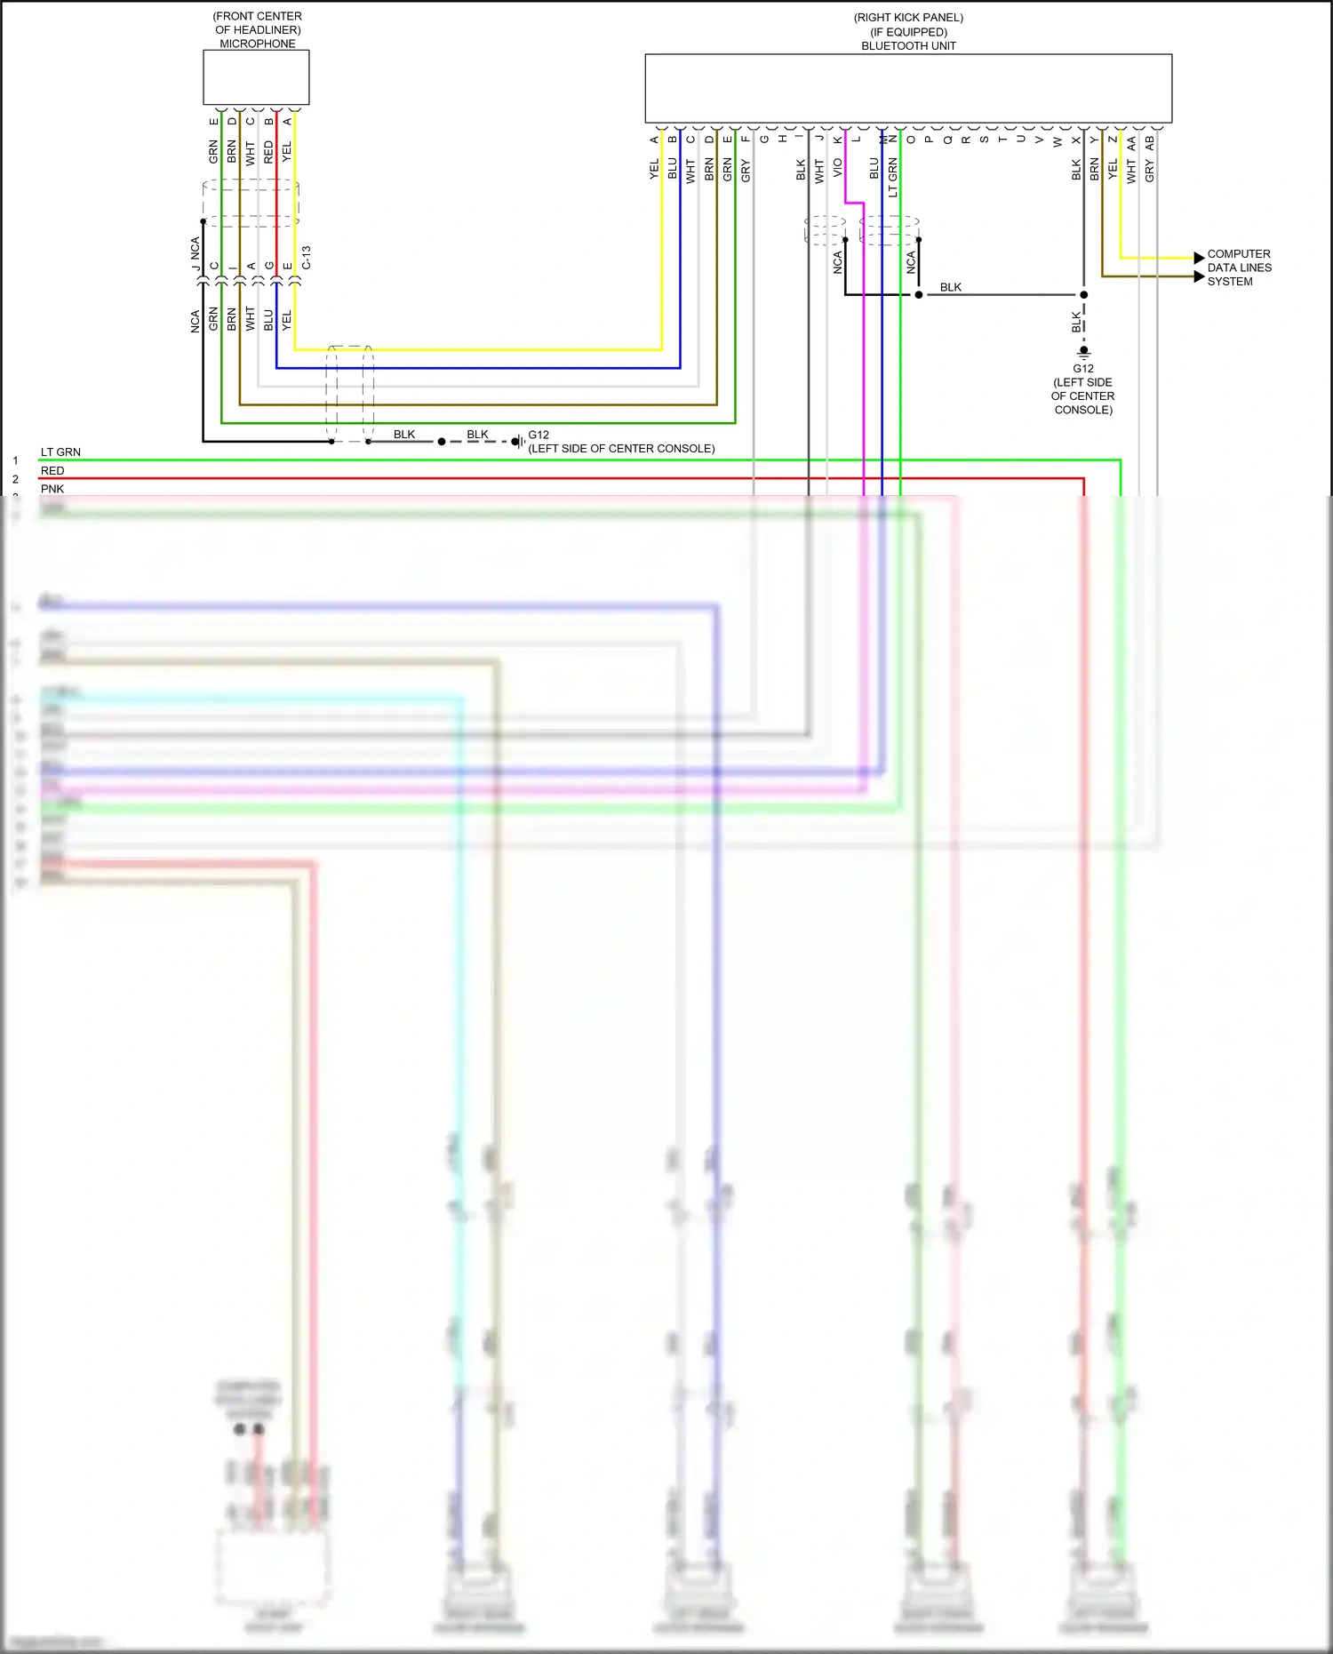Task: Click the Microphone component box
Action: click(256, 77)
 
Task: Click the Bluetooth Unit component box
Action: click(908, 88)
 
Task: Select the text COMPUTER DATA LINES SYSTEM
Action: click(1239, 268)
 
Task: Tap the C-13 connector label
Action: click(307, 258)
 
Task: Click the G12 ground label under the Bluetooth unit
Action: click(1083, 368)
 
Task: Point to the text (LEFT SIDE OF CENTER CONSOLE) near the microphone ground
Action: click(621, 449)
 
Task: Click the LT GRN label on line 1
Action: click(60, 452)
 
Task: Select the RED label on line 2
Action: click(52, 471)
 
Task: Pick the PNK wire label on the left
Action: click(52, 489)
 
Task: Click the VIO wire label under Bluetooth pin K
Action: click(837, 169)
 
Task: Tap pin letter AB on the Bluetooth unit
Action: click(1149, 140)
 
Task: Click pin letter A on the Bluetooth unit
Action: click(654, 140)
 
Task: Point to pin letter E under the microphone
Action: click(213, 122)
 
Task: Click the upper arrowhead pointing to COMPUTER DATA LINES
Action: click(1199, 258)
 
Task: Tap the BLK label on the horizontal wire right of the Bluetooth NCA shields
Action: click(951, 287)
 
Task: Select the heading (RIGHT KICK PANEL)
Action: click(908, 18)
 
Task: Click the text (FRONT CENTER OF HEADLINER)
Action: click(258, 23)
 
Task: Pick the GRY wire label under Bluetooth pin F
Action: click(745, 171)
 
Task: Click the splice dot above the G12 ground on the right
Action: click(1083, 294)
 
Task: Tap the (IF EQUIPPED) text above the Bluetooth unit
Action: click(908, 32)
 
